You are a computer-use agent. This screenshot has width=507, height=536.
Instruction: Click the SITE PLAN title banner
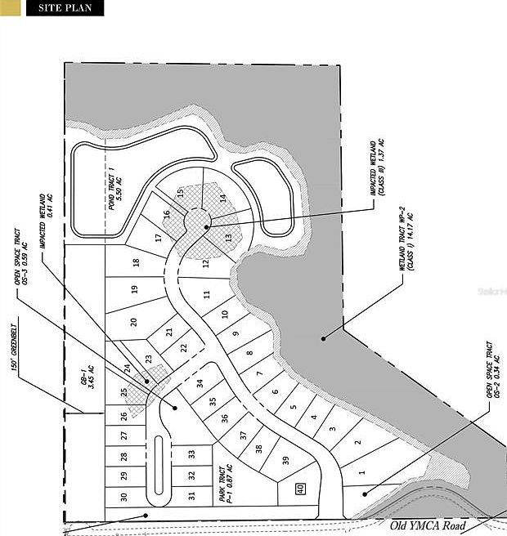(x=65, y=9)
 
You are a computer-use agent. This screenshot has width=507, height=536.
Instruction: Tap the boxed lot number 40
(x=300, y=489)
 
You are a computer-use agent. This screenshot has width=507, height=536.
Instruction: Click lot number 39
(x=285, y=461)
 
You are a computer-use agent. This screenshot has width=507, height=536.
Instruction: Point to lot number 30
(x=123, y=497)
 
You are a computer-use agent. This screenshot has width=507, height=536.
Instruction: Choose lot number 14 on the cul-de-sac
(x=222, y=198)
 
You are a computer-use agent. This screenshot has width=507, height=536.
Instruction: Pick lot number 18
(x=136, y=263)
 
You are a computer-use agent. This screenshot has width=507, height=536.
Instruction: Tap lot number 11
(x=208, y=294)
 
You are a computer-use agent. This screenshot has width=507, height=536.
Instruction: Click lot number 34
(x=200, y=383)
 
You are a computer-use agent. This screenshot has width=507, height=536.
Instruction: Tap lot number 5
(x=294, y=407)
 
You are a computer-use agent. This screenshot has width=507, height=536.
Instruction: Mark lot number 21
(x=169, y=333)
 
